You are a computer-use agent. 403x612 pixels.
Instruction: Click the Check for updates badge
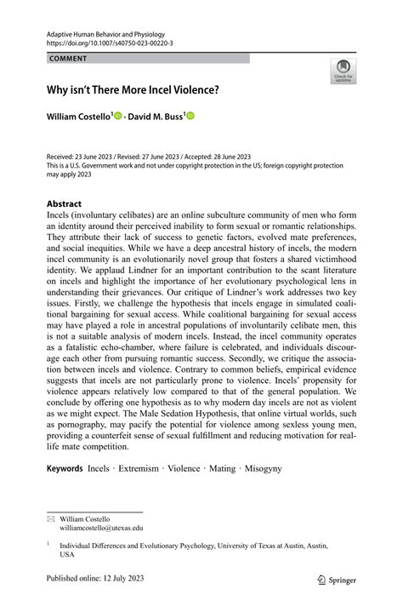click(343, 71)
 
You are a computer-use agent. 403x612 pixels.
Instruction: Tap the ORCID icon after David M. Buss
click(190, 116)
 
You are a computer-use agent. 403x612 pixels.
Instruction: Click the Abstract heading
click(59, 204)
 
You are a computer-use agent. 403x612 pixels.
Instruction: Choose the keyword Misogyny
click(287, 468)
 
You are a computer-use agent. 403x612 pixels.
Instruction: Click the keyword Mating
click(246, 468)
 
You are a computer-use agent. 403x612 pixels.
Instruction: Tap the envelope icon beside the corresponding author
click(39, 518)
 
